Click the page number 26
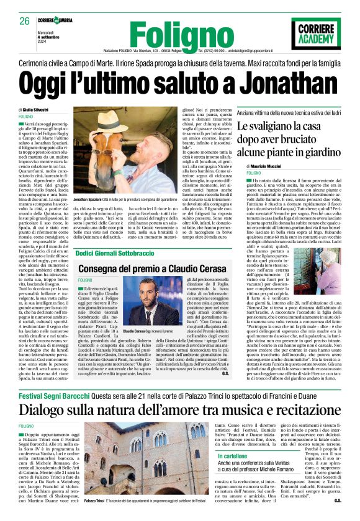click(x=25, y=20)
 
